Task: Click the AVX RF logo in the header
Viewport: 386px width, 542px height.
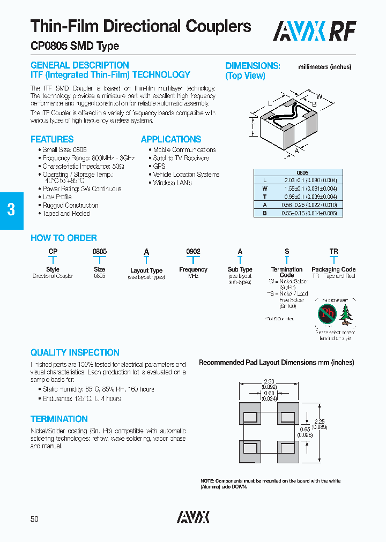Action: click(x=314, y=31)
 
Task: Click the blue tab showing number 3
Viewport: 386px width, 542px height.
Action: click(x=11, y=210)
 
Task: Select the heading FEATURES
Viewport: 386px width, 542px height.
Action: click(x=52, y=139)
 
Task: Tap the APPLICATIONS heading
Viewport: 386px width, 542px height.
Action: click(x=171, y=139)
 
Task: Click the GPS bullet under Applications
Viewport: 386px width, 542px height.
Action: click(x=159, y=167)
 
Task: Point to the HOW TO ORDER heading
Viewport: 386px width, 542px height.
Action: click(x=64, y=238)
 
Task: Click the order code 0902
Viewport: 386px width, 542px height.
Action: click(x=193, y=252)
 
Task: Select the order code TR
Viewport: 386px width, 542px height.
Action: click(x=333, y=252)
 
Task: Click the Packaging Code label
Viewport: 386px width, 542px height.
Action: click(x=333, y=269)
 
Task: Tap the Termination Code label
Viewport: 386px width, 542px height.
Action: click(x=287, y=272)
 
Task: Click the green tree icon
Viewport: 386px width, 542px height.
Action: click(x=346, y=314)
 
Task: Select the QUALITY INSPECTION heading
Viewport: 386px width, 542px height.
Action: click(x=75, y=353)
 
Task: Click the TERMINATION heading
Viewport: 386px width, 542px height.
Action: click(x=59, y=419)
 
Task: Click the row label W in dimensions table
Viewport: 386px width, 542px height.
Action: click(x=264, y=189)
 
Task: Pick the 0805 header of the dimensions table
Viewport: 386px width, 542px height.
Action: click(x=302, y=173)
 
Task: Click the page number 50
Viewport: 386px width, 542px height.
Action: click(x=34, y=519)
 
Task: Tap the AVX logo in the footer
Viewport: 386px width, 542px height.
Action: click(x=193, y=517)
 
